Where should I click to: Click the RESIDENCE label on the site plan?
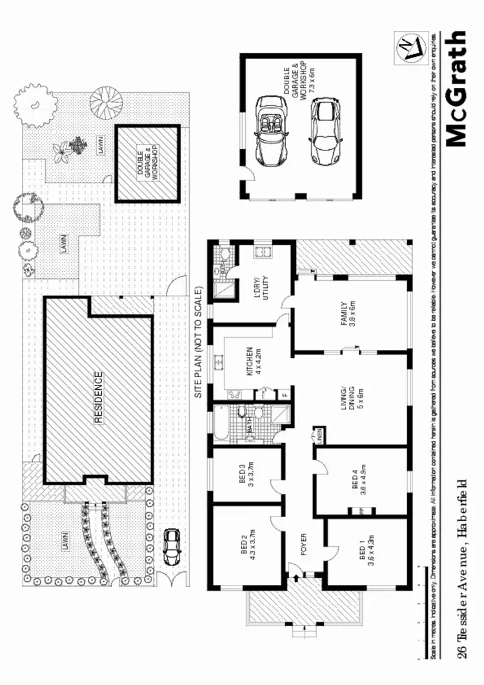[99, 397]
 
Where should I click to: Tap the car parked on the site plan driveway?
[172, 547]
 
